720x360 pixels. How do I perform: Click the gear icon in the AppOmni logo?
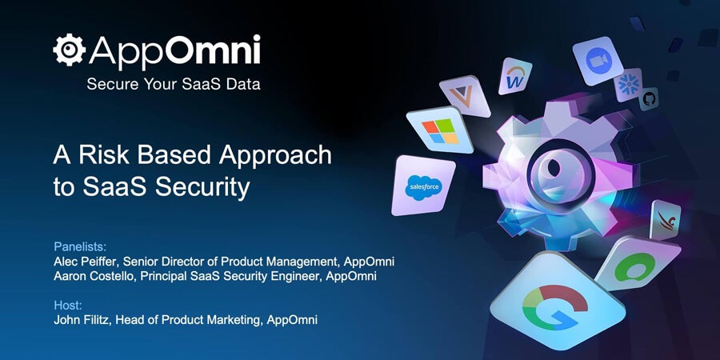pos(69,50)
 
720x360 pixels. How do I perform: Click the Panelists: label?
pos(80,246)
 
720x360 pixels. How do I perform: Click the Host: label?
pos(68,305)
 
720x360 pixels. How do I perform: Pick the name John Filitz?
pos(81,319)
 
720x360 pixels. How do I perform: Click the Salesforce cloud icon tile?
pos(423,186)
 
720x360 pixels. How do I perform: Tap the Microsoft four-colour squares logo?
pos(440,130)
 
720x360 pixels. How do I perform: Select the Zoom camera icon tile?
pos(598,61)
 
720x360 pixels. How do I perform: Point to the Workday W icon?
pos(515,76)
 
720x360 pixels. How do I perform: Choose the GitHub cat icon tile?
pos(649,98)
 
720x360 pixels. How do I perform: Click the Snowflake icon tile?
pos(629,85)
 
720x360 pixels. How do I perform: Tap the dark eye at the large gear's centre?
pos(554,168)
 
